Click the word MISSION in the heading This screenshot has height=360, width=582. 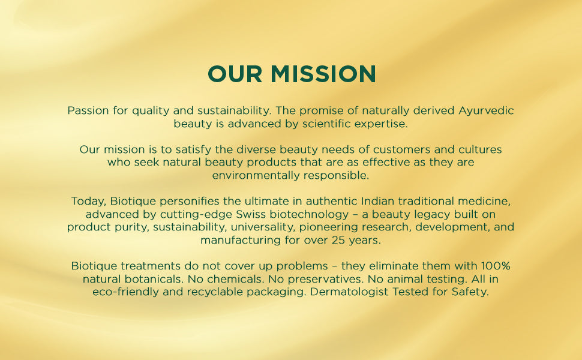click(323, 74)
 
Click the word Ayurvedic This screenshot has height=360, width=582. click(486, 111)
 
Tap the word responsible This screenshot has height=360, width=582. click(339, 175)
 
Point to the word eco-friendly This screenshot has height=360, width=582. click(123, 292)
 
